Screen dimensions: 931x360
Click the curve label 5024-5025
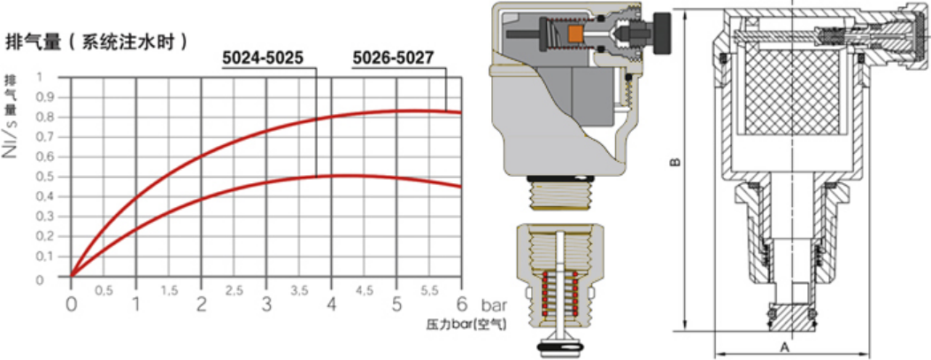click(263, 58)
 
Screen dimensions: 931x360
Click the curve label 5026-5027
click(393, 58)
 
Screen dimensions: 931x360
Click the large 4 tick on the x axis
click(331, 304)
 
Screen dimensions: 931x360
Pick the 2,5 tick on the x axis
click(235, 290)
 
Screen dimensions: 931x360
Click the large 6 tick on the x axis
click(461, 304)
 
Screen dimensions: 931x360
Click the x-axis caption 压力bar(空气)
click(466, 325)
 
